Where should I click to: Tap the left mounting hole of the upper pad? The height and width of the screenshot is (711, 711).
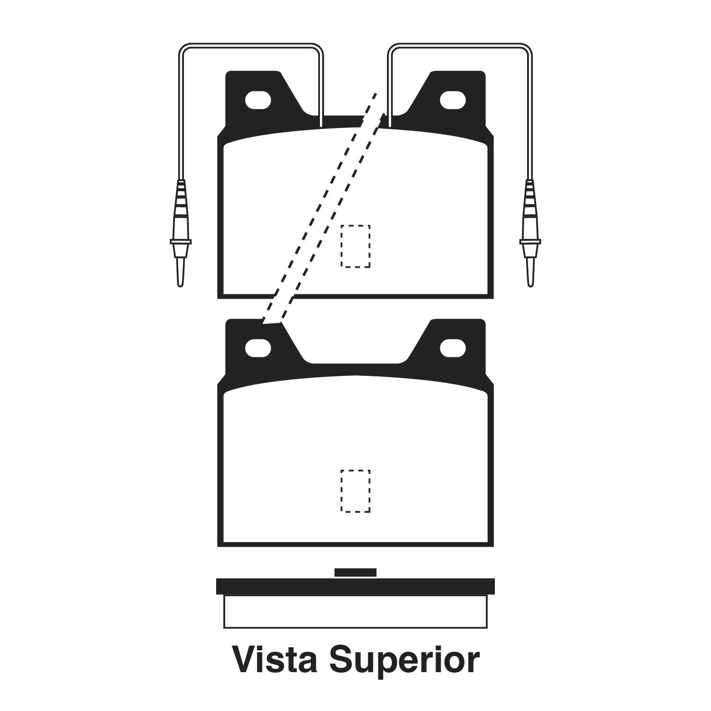[x=258, y=100]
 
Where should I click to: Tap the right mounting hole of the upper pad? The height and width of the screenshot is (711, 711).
[x=453, y=100]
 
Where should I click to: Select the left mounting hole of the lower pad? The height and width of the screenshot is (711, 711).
[x=258, y=348]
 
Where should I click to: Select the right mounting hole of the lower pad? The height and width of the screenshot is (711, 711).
[x=453, y=348]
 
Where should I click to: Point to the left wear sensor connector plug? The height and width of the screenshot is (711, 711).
[x=181, y=218]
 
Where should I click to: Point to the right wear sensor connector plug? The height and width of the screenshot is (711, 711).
[x=530, y=218]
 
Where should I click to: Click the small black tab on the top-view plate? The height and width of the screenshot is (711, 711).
[x=355, y=573]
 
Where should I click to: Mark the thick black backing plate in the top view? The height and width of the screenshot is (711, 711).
[x=355, y=586]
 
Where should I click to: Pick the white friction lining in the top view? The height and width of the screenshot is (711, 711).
[x=355, y=611]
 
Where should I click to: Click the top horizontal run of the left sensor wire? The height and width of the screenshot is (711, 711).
[x=251, y=45]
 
